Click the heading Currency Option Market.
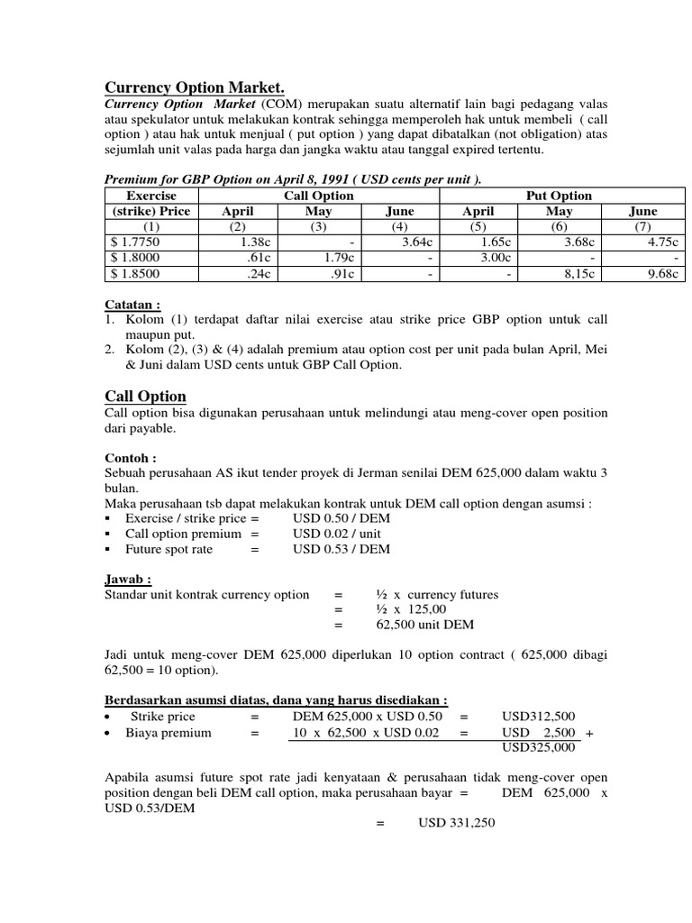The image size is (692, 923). (195, 87)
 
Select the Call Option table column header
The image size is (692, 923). (308, 196)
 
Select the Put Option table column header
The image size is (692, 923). (559, 196)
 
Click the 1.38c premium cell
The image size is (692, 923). (256, 242)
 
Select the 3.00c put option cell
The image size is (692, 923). (496, 258)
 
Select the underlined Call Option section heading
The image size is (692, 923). (146, 397)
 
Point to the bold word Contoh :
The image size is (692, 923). (131, 458)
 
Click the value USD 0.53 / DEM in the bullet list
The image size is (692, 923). (341, 549)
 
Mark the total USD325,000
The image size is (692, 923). (539, 746)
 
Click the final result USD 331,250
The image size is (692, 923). (457, 823)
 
